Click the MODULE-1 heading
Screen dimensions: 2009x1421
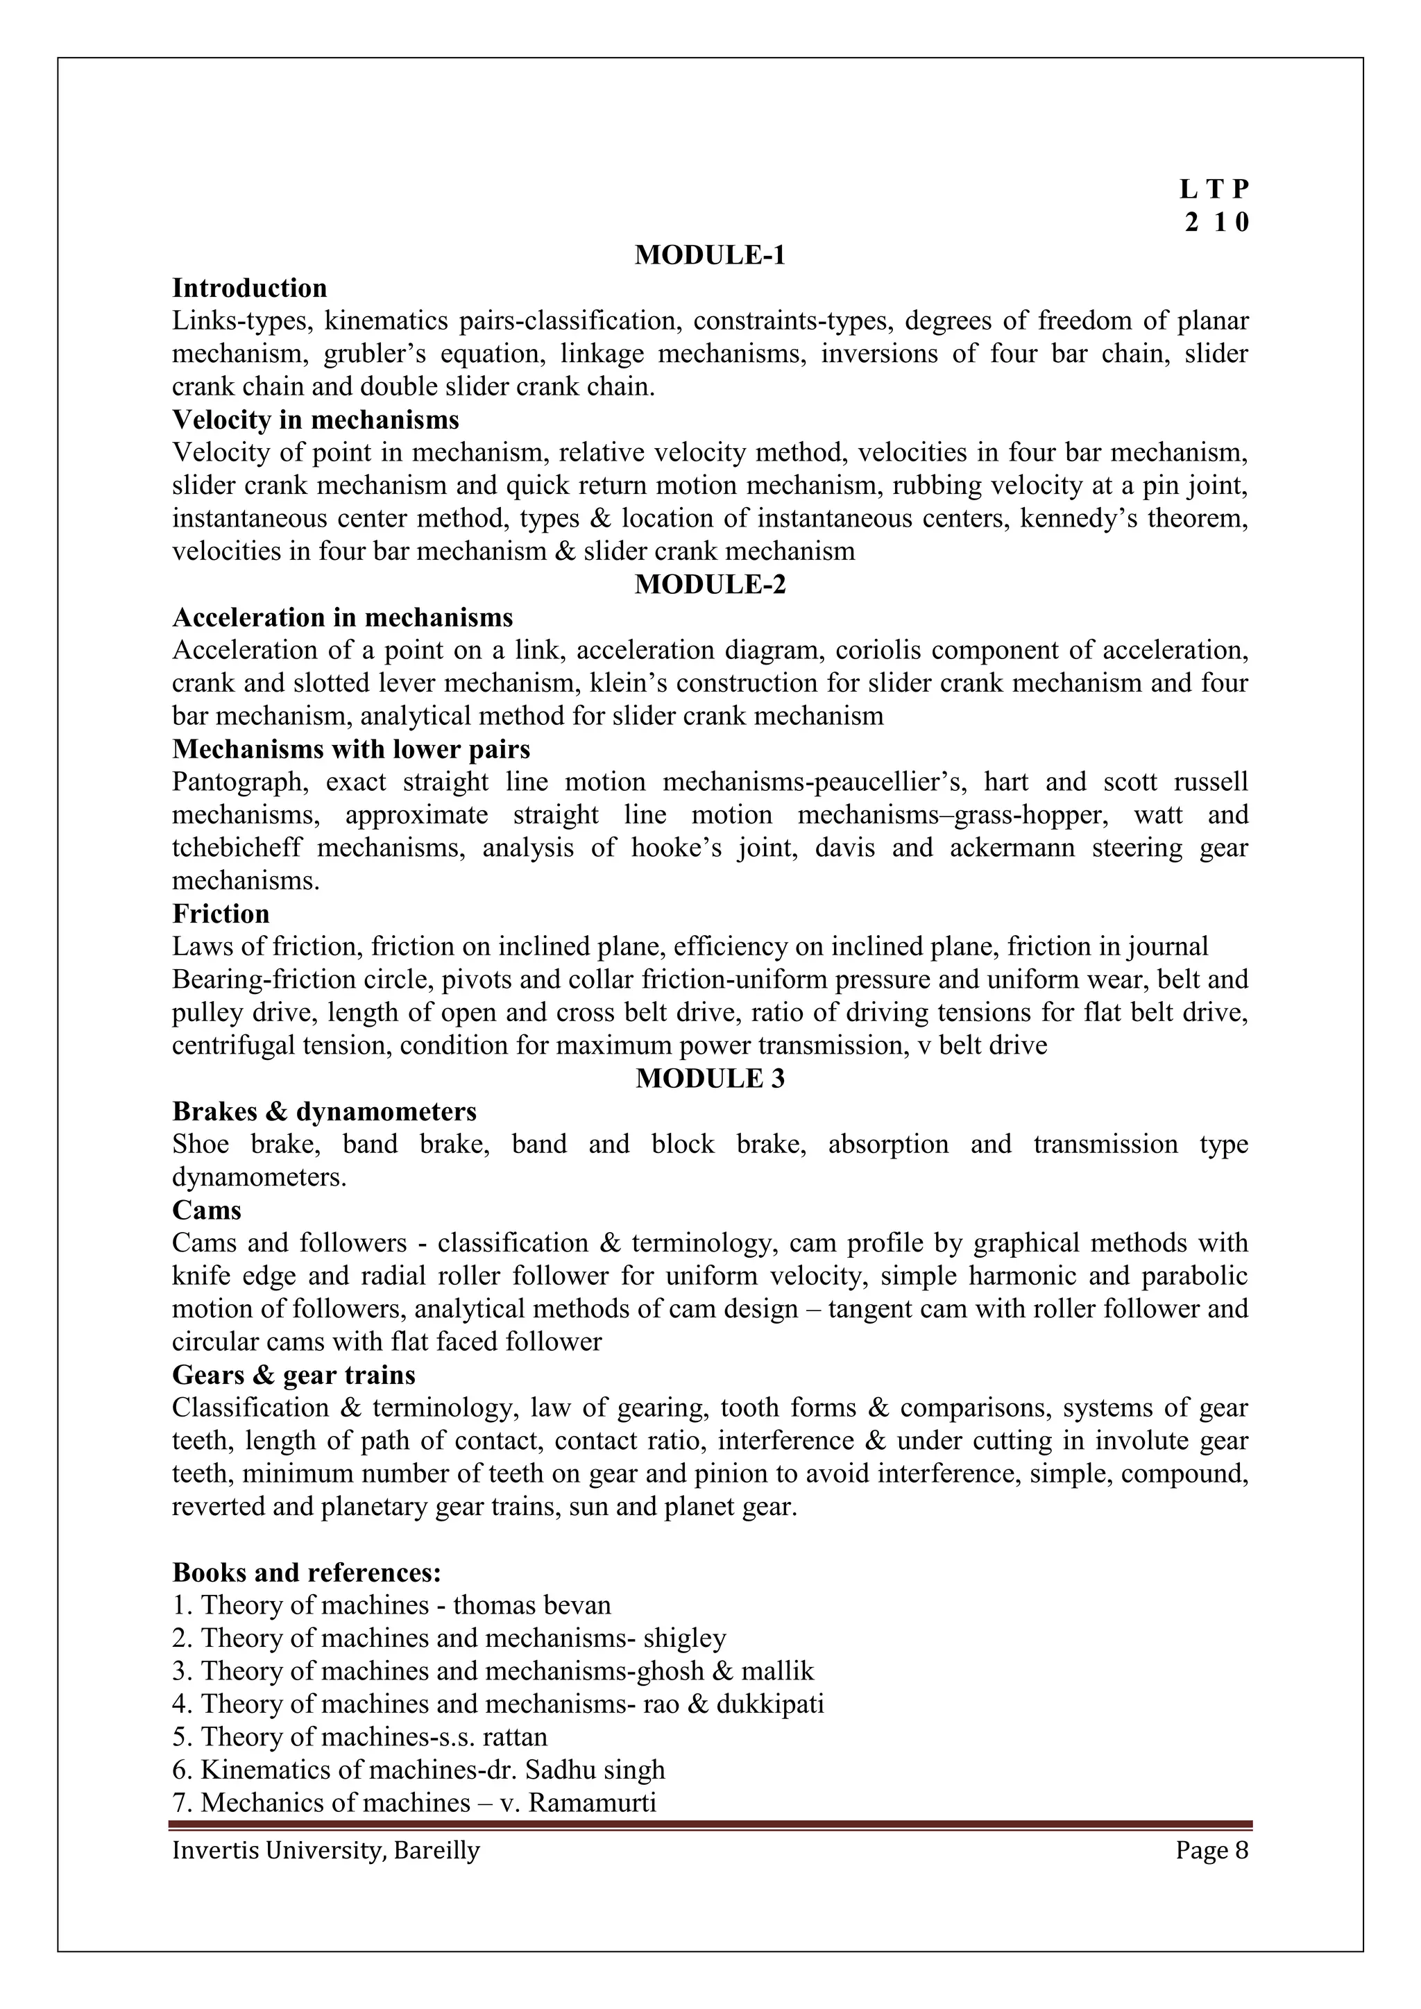click(710, 255)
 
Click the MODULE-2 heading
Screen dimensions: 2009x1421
click(710, 585)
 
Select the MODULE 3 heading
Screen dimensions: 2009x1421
click(710, 1079)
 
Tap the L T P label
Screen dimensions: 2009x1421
click(1214, 189)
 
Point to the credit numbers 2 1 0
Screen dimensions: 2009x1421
click(1217, 223)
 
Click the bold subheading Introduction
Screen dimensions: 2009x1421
click(249, 288)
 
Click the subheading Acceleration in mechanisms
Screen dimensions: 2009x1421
click(342, 617)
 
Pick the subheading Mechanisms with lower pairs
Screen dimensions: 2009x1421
click(351, 750)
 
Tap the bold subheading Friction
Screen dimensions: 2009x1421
click(221, 914)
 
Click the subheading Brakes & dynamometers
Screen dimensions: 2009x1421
click(324, 1112)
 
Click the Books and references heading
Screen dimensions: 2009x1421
click(306, 1573)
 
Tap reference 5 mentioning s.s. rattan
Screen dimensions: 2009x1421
click(359, 1737)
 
